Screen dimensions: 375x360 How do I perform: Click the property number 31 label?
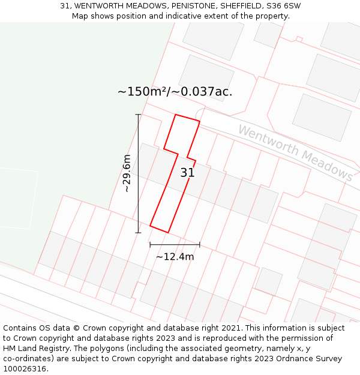point(187,173)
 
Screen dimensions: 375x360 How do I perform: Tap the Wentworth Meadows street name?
point(295,152)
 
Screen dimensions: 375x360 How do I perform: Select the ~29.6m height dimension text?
point(127,173)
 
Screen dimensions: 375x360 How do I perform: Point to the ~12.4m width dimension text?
point(175,257)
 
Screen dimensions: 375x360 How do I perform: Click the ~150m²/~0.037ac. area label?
point(175,92)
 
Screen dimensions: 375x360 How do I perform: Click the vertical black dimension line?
point(139,173)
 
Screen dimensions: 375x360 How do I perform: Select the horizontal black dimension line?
point(175,245)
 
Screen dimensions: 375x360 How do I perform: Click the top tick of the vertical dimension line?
point(139,114)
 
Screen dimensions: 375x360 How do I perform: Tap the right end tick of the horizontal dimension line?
point(199,245)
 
